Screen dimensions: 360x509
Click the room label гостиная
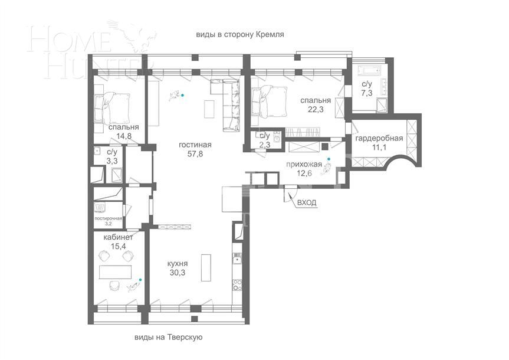195,145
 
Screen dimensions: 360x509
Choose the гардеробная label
379,138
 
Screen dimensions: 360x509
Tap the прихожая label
304,165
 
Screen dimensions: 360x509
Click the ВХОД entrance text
306,202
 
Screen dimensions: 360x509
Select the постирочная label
108,218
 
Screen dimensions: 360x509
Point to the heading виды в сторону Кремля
240,34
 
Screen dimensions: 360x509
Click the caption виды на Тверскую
169,337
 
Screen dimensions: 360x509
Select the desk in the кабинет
114,272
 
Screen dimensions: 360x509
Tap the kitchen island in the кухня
206,267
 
